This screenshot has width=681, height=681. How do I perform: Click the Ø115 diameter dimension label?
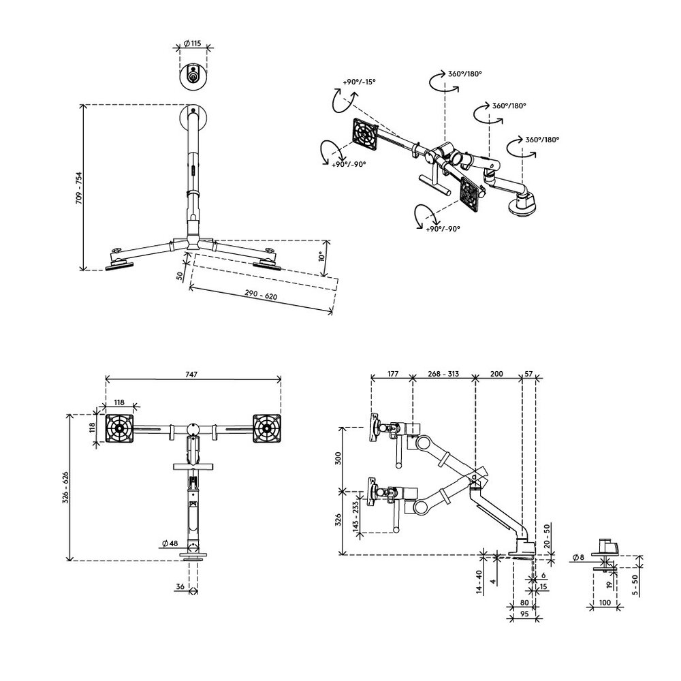[193, 44]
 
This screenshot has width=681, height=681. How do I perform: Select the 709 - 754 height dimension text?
[79, 188]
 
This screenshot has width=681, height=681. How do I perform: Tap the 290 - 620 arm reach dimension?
[261, 296]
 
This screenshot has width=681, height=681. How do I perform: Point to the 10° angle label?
[322, 256]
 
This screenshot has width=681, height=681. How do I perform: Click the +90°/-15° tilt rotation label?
[359, 82]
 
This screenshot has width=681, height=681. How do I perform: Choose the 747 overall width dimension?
[191, 375]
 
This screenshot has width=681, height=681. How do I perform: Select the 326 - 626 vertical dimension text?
[66, 488]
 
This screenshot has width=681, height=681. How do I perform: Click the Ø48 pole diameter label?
[170, 543]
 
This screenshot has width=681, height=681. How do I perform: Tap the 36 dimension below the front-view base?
[180, 587]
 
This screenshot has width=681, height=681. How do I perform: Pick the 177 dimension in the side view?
[392, 374]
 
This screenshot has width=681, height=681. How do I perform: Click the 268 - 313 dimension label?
[443, 374]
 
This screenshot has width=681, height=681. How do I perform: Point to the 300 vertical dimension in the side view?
[338, 459]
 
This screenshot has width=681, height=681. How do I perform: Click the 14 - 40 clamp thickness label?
[479, 582]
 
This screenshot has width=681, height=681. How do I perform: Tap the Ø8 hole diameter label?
[578, 557]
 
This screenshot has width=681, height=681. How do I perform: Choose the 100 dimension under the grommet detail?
[605, 603]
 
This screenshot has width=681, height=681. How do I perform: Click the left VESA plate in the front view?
[119, 428]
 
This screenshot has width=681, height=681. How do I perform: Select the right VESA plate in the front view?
[267, 428]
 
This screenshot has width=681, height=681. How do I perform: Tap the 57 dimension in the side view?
[528, 374]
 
